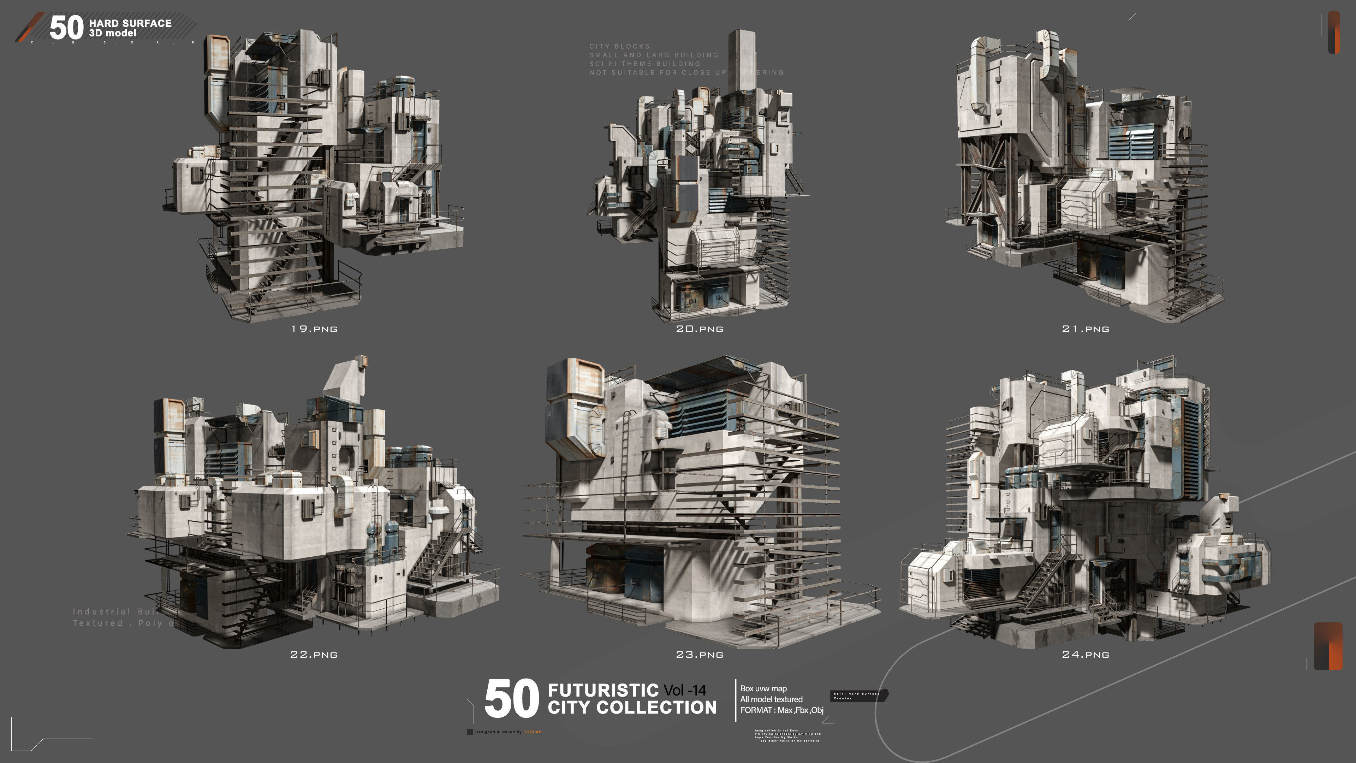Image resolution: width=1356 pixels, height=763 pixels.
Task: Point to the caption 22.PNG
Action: point(314,655)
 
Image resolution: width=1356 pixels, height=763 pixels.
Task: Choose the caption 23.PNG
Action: point(700,655)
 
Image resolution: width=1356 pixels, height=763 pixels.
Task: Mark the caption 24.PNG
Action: point(1086,655)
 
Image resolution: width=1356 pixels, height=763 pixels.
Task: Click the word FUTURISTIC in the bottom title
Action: point(603,690)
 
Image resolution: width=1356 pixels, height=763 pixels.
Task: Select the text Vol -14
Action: point(685,690)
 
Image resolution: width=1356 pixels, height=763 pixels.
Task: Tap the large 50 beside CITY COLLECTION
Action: point(511,699)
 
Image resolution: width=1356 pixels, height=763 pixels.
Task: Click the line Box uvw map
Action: point(763,688)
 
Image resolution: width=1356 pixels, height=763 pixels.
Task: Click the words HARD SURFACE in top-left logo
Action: point(130,23)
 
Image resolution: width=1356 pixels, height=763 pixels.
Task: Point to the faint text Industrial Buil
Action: point(116,612)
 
